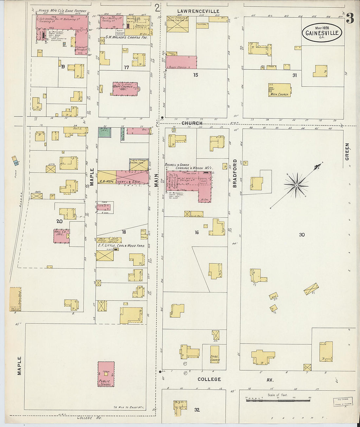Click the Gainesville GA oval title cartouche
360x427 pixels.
tap(322, 32)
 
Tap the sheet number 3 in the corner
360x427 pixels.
tap(350, 19)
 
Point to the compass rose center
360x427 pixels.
tap(296, 185)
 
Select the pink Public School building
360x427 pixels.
tap(106, 374)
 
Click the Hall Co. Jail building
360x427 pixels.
tap(62, 236)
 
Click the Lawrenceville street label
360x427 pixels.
tap(198, 11)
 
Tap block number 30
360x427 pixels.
tap(302, 235)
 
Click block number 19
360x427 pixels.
tap(63, 67)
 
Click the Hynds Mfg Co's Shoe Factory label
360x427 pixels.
tap(62, 11)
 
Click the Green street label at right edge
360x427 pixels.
tap(347, 151)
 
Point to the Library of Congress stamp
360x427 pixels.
tap(343, 401)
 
